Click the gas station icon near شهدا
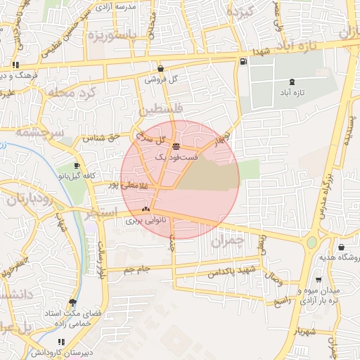coord(243,61)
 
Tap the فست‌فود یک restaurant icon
coord(175,147)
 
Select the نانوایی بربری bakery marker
coord(146,208)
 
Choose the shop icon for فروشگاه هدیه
coord(341,247)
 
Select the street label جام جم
coord(137,269)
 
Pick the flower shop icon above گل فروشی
coord(161,69)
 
